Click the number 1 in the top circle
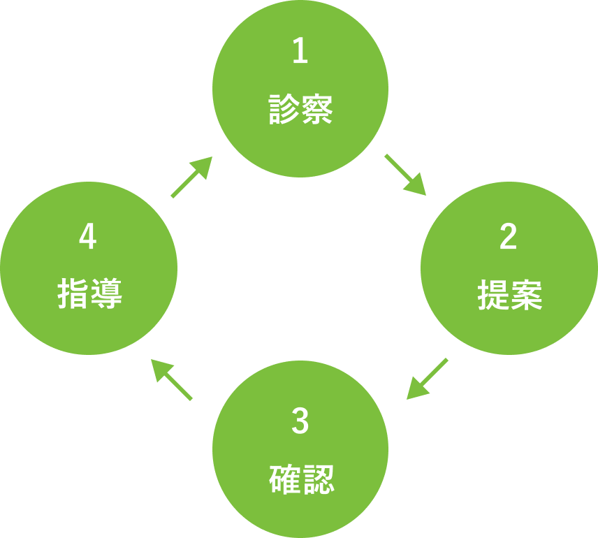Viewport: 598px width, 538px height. coord(300,52)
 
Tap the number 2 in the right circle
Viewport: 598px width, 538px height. coord(509,238)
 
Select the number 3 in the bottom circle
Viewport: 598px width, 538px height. coord(300,421)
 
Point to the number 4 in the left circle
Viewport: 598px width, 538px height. coord(88,238)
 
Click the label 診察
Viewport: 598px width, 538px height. coord(300,110)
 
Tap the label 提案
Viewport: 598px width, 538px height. coord(509,296)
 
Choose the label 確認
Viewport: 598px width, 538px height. coord(301,480)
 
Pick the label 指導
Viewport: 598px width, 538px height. coord(89,294)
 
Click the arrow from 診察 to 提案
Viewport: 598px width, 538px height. coord(405,175)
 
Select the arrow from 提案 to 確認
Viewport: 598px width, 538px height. coord(426,379)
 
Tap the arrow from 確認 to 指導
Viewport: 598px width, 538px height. coord(172,380)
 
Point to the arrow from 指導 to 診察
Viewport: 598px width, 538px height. coord(191,177)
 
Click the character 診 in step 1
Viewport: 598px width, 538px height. coord(284,110)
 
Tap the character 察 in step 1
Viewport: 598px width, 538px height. coord(317,110)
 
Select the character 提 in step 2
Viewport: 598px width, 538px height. coord(493,296)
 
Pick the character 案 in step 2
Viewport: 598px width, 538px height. coord(526,296)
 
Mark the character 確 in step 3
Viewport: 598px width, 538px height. coord(285,480)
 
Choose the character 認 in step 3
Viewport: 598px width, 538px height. coord(318,480)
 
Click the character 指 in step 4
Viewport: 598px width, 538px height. coord(73,294)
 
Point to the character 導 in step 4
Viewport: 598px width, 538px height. coord(106,294)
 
